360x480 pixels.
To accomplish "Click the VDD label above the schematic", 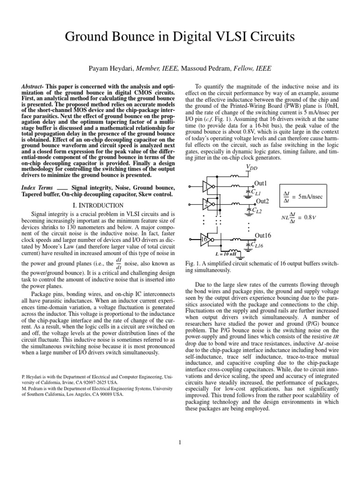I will click(x=251, y=167).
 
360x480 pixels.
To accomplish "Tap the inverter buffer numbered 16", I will click(x=205, y=239).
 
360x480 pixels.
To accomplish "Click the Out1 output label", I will click(x=260, y=183).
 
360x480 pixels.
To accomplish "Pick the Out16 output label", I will click(x=262, y=235).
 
